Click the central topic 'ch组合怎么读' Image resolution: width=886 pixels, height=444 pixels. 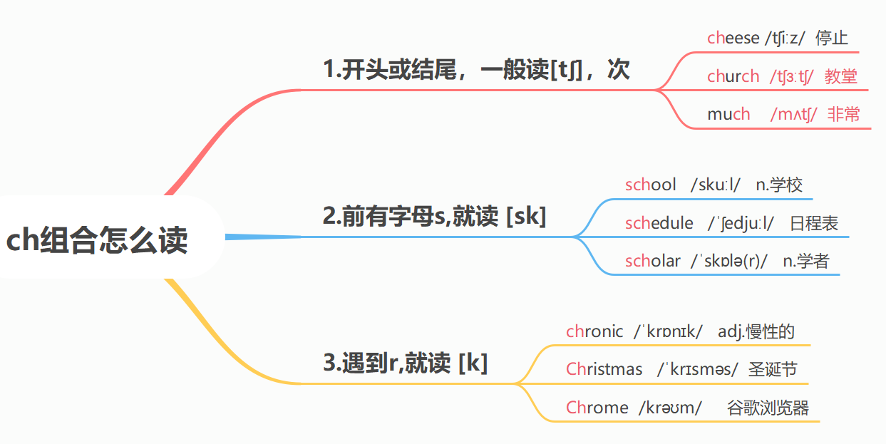click(x=97, y=240)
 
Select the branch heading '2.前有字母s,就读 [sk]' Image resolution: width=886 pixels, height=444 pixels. click(x=434, y=216)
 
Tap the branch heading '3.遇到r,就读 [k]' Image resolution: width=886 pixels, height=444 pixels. click(x=405, y=363)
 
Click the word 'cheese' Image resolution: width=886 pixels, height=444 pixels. click(x=733, y=38)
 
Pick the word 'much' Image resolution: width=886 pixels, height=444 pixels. click(x=728, y=114)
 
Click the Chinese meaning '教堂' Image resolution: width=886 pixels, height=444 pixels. click(x=840, y=77)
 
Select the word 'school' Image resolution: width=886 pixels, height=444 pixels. click(x=650, y=185)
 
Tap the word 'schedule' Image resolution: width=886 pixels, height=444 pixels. click(x=659, y=224)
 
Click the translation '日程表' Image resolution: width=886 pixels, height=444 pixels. click(x=814, y=224)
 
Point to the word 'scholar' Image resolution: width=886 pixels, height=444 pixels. click(x=652, y=261)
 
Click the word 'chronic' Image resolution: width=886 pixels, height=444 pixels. click(x=594, y=331)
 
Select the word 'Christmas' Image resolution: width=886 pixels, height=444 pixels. click(x=604, y=369)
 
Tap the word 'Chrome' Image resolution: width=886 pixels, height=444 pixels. click(x=597, y=408)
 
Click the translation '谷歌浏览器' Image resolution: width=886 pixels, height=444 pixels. click(x=768, y=408)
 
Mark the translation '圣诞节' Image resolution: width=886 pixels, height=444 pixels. click(x=773, y=369)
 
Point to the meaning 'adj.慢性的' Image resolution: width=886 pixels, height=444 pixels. click(x=756, y=331)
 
